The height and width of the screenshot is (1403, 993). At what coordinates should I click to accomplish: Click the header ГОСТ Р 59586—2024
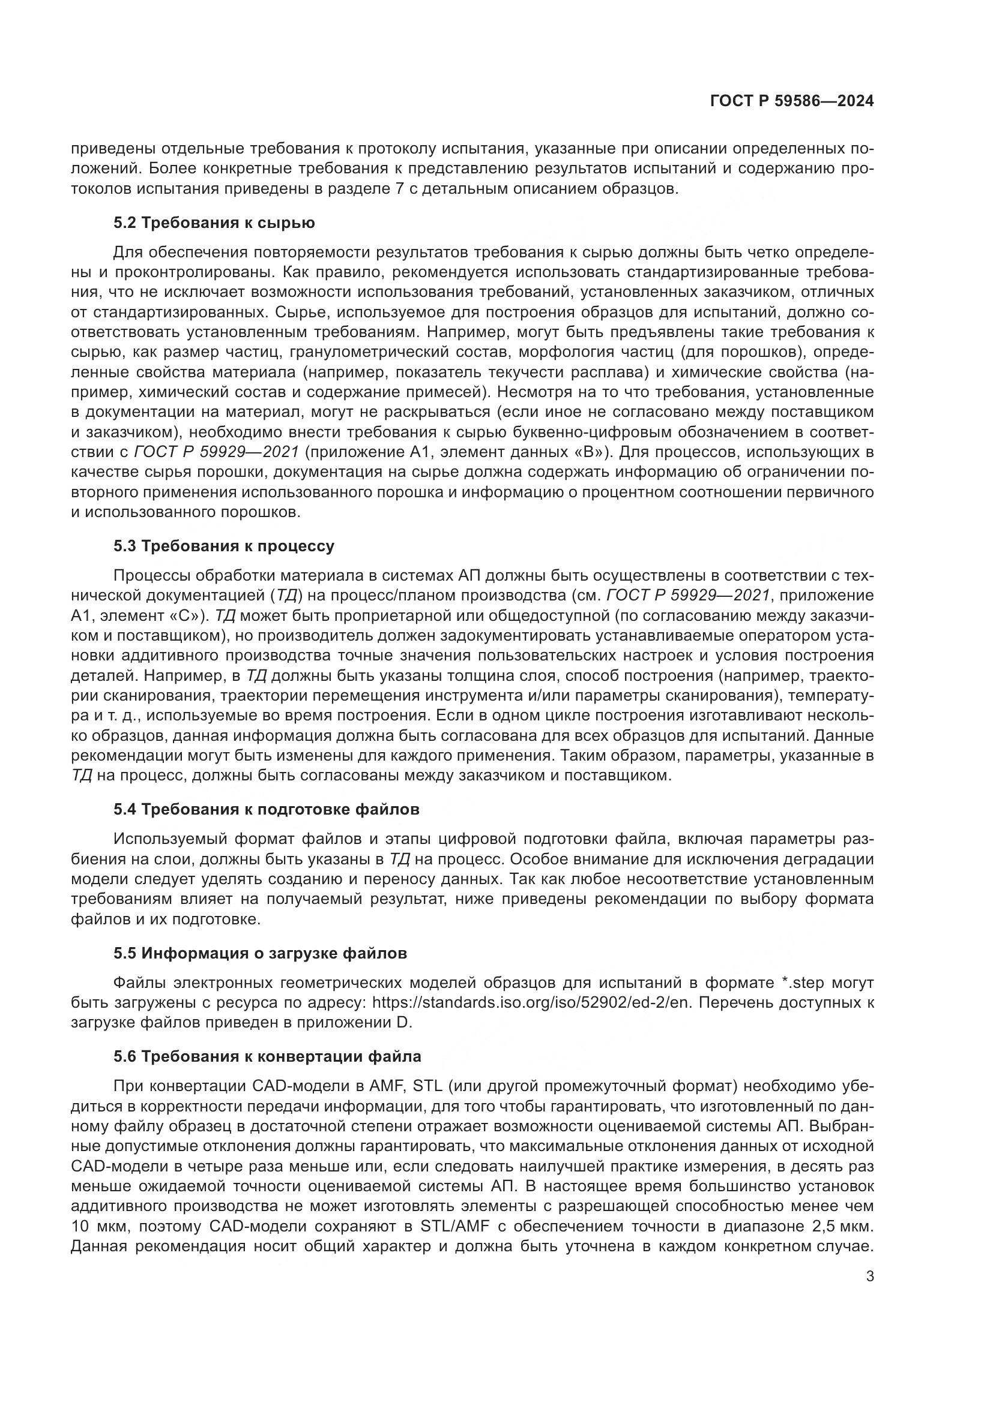point(791,101)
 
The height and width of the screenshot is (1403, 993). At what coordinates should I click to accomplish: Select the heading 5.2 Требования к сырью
point(214,223)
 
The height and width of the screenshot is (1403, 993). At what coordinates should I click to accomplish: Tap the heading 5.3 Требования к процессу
point(224,546)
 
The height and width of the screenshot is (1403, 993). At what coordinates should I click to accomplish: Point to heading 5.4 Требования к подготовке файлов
point(267,810)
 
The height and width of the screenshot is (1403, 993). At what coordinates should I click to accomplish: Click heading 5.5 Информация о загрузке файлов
point(260,953)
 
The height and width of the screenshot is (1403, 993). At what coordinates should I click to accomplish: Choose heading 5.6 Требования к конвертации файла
point(267,1056)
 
